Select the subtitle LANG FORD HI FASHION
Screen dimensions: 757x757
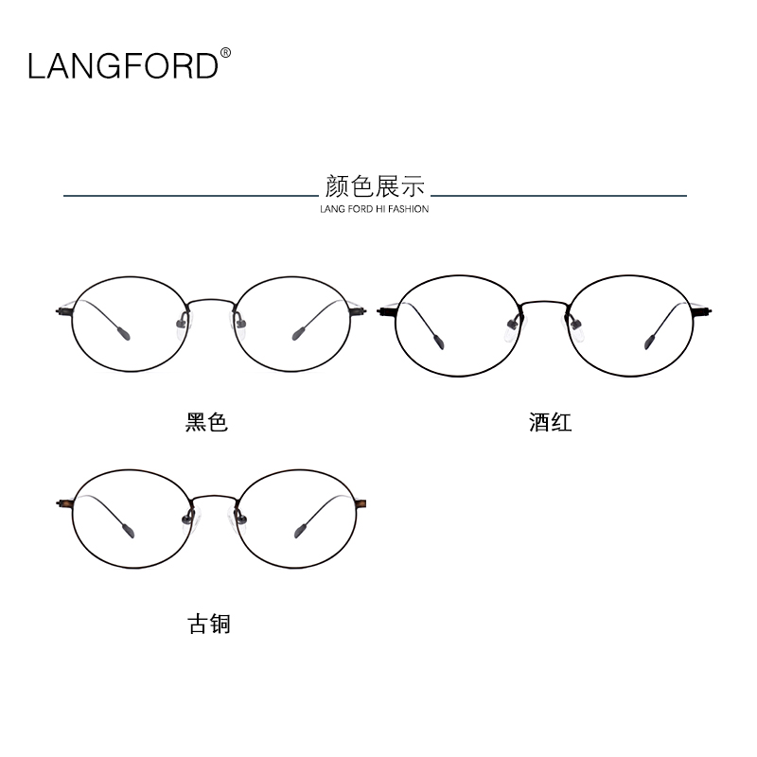375,209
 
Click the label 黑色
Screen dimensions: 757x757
207,422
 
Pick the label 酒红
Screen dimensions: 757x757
550,422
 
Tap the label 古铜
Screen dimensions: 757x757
209,625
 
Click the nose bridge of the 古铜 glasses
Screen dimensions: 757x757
215,497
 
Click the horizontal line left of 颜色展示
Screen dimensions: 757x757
189,196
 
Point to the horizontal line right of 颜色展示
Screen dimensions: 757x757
558,196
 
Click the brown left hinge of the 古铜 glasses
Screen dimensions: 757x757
66,503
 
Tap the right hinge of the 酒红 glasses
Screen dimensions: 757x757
704,309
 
